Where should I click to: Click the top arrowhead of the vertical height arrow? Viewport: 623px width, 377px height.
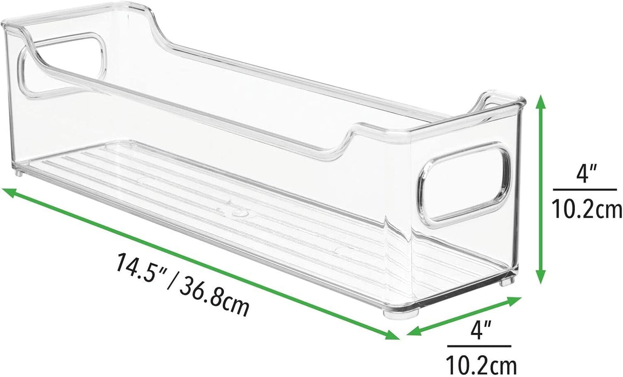click(540, 102)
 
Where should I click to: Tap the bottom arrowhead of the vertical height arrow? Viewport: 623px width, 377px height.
click(540, 276)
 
